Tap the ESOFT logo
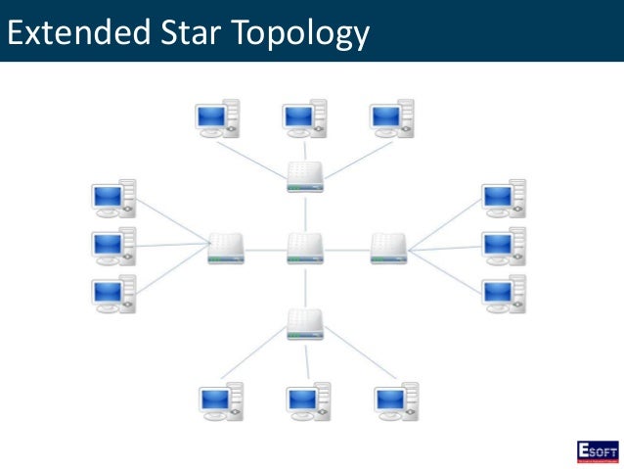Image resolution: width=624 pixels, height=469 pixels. coord(596,451)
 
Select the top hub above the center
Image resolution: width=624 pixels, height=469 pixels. coord(305,177)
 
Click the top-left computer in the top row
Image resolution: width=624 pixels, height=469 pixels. coord(217,118)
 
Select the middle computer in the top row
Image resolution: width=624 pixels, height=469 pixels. coord(304,118)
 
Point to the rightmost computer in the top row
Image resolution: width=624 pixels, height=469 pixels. coord(391,118)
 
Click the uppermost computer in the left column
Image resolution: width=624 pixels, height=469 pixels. coord(112,199)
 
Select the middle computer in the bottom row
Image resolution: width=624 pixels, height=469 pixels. coord(307,401)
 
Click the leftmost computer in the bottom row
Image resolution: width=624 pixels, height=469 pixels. coord(220,401)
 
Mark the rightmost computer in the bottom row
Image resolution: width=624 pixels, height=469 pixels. coord(395,401)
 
